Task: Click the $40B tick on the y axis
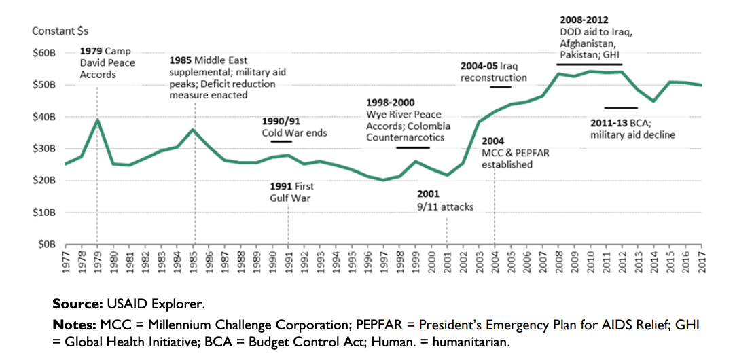[45, 117]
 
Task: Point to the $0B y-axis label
[47, 244]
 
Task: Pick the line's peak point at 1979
[97, 120]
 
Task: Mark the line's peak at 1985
[194, 130]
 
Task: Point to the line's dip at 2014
[653, 101]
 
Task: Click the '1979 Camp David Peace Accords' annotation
[107, 62]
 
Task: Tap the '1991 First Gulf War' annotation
[291, 192]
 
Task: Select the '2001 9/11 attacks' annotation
[445, 200]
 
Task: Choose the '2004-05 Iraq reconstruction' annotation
[493, 71]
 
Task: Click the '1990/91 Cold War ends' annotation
[294, 127]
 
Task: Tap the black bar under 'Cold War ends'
[281, 141]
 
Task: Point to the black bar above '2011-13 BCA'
[620, 108]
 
